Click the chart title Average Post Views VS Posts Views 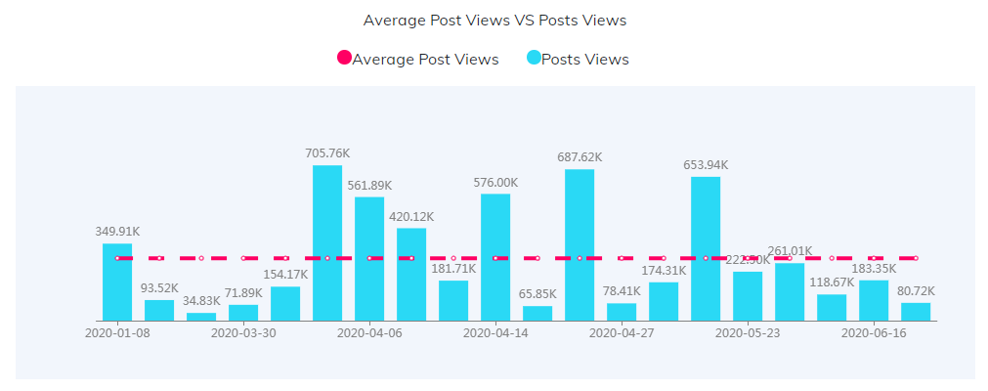[494, 20]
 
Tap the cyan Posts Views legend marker [534, 59]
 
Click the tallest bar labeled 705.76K [327, 242]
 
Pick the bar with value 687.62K [580, 244]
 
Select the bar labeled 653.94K [706, 248]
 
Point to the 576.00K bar [495, 257]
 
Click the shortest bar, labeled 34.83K [201, 317]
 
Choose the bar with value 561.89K [369, 258]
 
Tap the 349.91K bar [117, 282]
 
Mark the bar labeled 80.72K [916, 312]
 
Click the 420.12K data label [411, 216]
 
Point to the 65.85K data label [537, 294]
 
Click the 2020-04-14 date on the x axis [495, 332]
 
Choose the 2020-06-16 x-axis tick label [874, 332]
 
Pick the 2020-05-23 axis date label [748, 332]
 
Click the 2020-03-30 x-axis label [243, 332]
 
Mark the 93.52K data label [159, 288]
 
